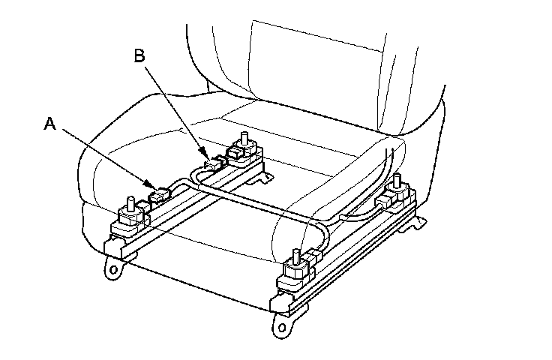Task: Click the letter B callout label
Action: pos(140,55)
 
